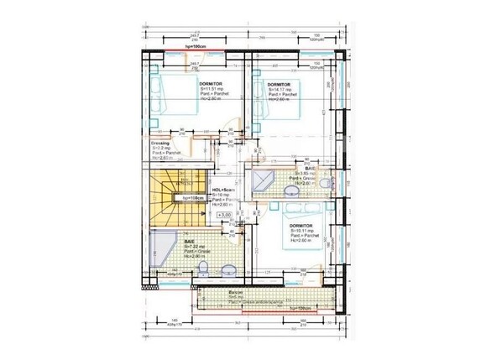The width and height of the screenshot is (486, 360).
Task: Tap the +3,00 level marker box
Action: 225,217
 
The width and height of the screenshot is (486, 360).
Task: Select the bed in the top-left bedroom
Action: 170,97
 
